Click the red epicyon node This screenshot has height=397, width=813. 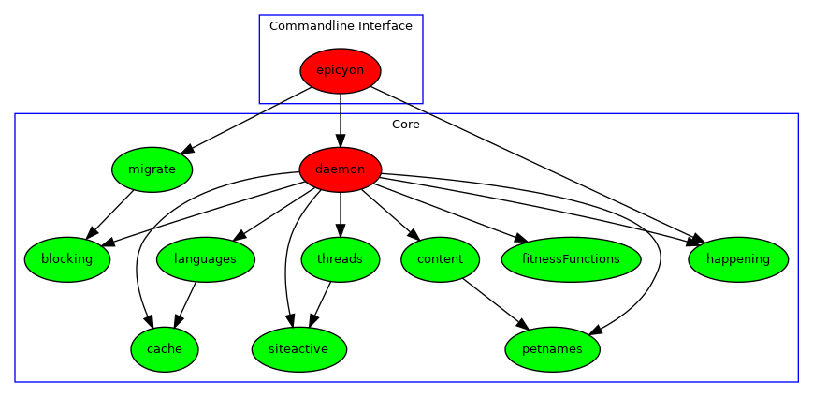(x=341, y=71)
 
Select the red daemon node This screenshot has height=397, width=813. (x=341, y=169)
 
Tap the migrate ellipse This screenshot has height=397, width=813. (x=152, y=169)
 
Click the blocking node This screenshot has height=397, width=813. (x=67, y=259)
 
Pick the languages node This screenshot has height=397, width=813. (x=206, y=259)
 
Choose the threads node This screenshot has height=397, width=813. (x=341, y=259)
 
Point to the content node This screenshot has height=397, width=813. (x=440, y=259)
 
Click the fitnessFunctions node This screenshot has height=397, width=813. (x=571, y=259)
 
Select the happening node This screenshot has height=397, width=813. (x=738, y=259)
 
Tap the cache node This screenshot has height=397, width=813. (x=165, y=349)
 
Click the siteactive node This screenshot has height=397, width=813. (x=299, y=349)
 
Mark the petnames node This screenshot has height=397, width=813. (x=552, y=349)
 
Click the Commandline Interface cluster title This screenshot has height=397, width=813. (x=341, y=26)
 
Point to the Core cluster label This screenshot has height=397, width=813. (x=405, y=125)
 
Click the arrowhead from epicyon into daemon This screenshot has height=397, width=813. (x=341, y=139)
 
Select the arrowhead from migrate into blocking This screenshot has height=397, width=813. (x=94, y=232)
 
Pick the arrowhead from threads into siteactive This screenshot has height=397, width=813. (x=312, y=319)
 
